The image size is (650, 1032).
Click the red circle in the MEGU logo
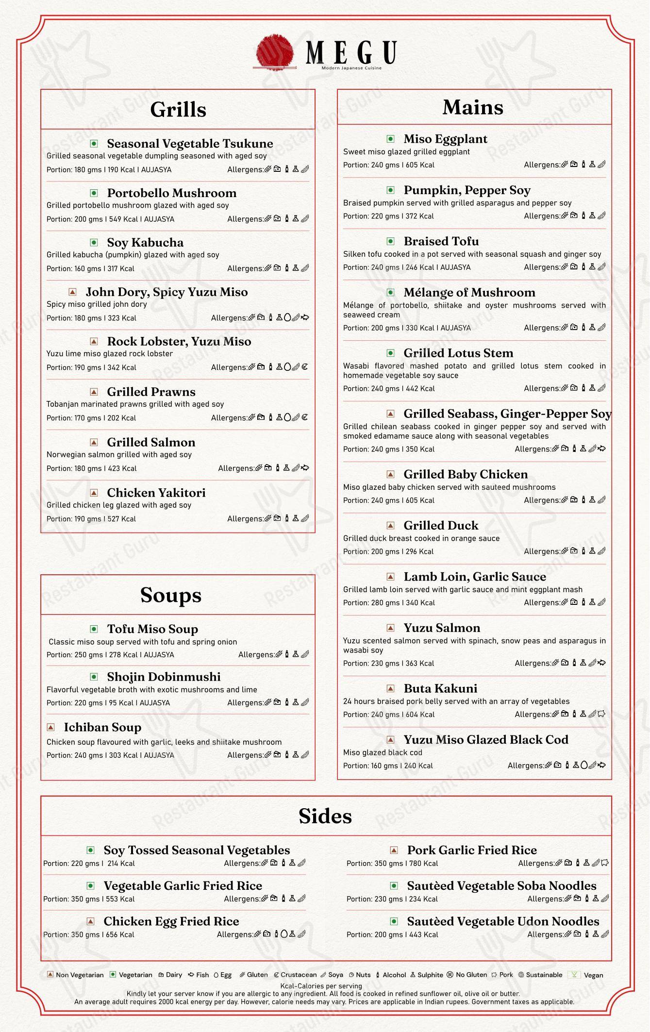(x=275, y=51)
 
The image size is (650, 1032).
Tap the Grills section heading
(x=178, y=109)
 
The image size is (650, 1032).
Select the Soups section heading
(x=171, y=595)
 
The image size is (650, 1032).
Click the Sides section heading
(x=325, y=816)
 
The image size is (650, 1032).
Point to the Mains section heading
(x=473, y=107)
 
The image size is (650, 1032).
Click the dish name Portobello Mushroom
(x=172, y=193)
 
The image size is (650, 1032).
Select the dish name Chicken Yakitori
(x=156, y=493)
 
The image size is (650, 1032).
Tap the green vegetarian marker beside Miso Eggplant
(x=391, y=139)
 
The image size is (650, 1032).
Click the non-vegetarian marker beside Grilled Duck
(x=391, y=525)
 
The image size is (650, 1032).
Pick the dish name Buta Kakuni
(x=440, y=688)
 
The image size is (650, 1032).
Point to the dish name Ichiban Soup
(x=102, y=727)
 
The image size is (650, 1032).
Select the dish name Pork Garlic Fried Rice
(x=472, y=850)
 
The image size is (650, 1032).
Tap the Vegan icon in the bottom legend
(x=574, y=975)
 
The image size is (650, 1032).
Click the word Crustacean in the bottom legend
(x=299, y=975)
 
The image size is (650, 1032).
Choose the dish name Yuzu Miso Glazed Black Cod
(x=486, y=739)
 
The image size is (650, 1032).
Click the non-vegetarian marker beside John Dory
(x=73, y=292)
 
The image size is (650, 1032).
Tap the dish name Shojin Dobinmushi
(x=164, y=677)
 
